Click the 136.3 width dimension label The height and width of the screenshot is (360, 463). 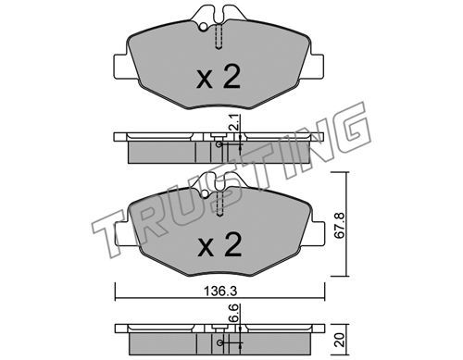220,291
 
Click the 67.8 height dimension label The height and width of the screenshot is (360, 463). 339,225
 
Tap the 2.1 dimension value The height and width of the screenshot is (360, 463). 234,121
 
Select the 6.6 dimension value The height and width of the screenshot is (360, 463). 234,313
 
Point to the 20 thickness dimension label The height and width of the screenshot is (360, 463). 341,340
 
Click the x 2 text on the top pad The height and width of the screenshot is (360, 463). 219,78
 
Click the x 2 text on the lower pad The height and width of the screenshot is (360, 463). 219,244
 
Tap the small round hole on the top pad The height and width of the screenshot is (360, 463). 203,27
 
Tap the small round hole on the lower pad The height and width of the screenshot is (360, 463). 205,194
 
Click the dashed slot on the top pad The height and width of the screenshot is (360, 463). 219,37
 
